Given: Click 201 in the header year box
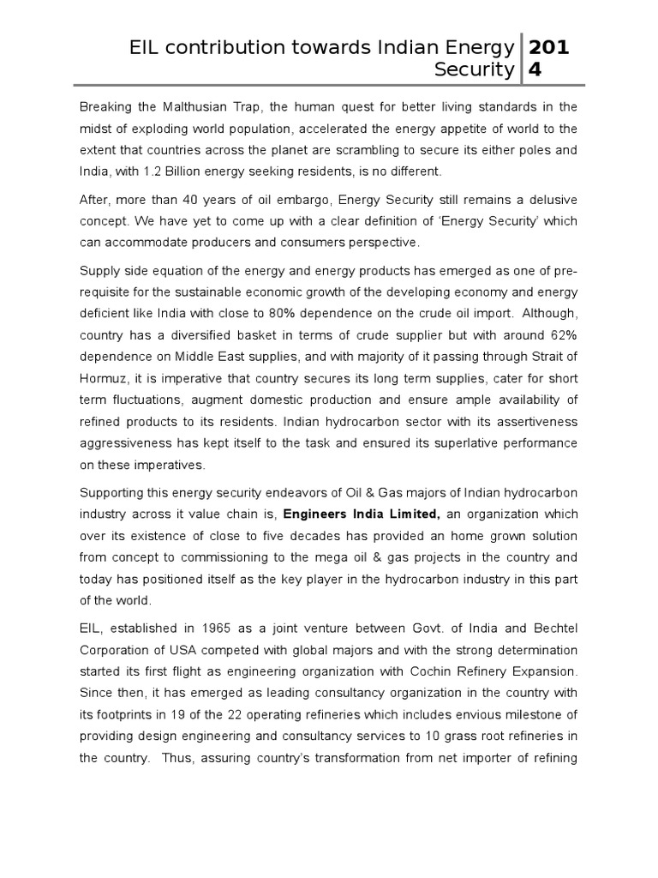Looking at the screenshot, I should (x=548, y=48).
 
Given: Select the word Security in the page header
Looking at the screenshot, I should (x=474, y=69).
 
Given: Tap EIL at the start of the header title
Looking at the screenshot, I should (x=141, y=48).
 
